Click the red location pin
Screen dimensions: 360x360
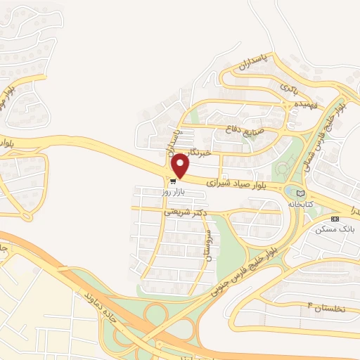(x=181, y=165)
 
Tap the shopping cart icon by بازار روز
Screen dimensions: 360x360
(x=173, y=180)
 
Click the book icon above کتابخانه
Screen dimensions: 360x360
(x=301, y=193)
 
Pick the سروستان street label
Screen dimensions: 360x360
(x=208, y=246)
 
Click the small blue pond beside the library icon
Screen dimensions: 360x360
(x=291, y=191)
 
